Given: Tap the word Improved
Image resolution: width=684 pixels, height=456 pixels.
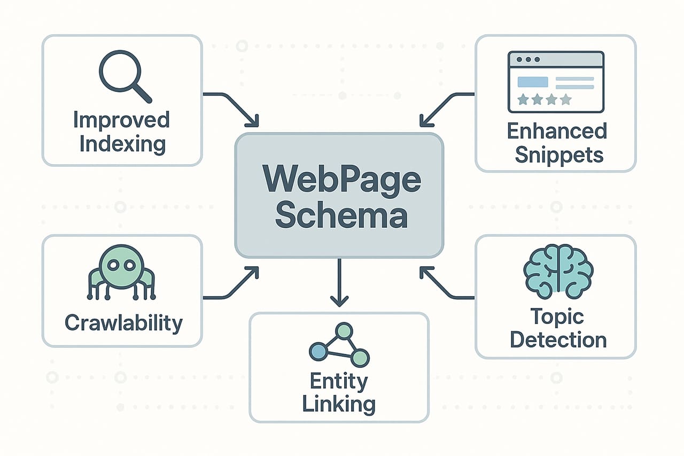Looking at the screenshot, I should click(x=121, y=120).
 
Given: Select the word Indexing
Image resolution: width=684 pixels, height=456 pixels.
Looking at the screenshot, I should click(x=122, y=144).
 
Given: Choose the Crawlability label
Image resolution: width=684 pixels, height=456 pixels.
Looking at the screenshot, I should click(x=123, y=323).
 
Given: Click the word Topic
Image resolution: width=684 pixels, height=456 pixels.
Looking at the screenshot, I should click(x=557, y=316).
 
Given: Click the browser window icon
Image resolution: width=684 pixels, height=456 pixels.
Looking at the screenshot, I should click(x=556, y=81).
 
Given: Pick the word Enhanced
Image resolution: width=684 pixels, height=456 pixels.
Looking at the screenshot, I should click(x=557, y=131).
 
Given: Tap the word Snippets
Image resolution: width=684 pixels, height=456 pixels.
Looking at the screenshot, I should click(x=558, y=155).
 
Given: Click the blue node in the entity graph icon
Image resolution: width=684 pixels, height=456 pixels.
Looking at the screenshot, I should click(x=318, y=351).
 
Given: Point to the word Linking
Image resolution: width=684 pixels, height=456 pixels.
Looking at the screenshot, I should click(x=339, y=404).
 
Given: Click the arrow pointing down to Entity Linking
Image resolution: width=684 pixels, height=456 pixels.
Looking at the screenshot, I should click(x=339, y=283).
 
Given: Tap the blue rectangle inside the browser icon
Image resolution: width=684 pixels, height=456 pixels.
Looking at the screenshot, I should click(x=533, y=82).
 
